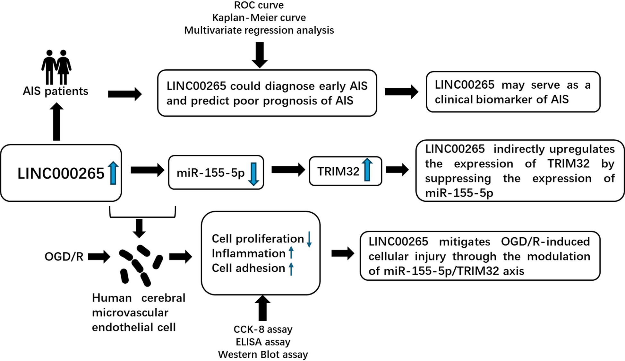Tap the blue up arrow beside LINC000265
[x=113, y=173]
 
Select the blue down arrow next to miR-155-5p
[x=253, y=174]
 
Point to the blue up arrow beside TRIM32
[x=367, y=170]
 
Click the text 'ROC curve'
[x=259, y=5]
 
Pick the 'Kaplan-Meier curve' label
[x=259, y=18]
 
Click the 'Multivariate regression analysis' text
[x=259, y=30]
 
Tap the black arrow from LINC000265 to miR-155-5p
[x=147, y=170]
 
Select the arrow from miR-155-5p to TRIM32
[x=288, y=170]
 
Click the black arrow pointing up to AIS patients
[x=56, y=122]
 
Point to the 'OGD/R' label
[x=64, y=257]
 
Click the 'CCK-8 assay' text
[x=263, y=330]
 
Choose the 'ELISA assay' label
[x=263, y=342]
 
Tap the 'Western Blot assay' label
[x=263, y=355]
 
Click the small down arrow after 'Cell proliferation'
[x=309, y=239]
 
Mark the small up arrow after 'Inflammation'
[x=291, y=253]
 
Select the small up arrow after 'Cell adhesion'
[x=291, y=269]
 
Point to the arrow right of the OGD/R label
[x=99, y=257]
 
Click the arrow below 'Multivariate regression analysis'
[x=260, y=55]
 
